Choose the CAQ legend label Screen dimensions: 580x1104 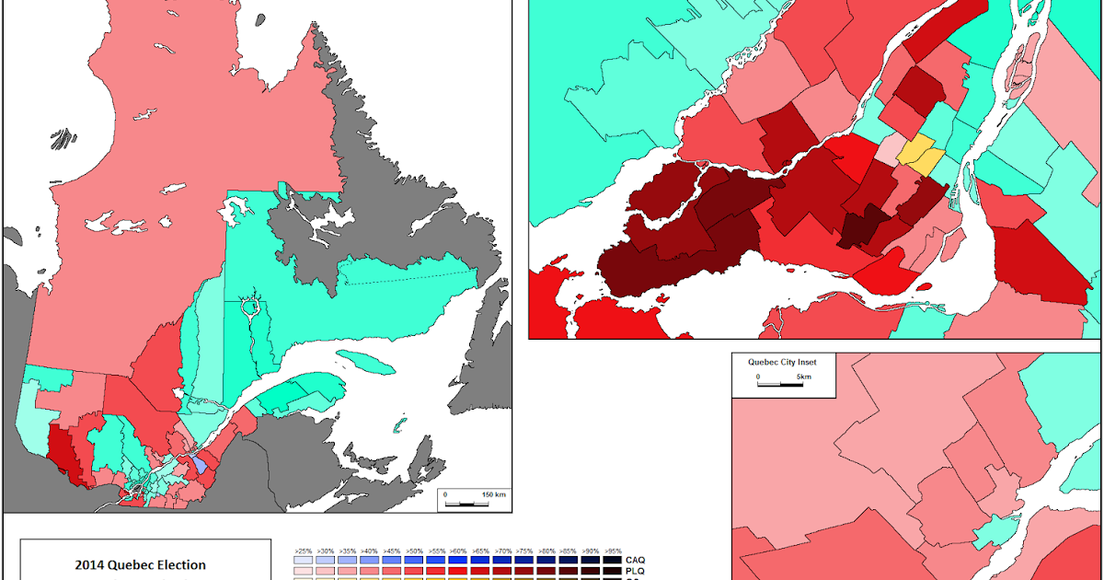[635, 560]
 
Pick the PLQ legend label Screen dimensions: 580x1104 [635, 573]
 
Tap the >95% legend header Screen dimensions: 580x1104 [614, 550]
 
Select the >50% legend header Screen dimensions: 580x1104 [414, 550]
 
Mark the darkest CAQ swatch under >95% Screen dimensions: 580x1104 [614, 560]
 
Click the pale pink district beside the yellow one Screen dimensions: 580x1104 [890, 149]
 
